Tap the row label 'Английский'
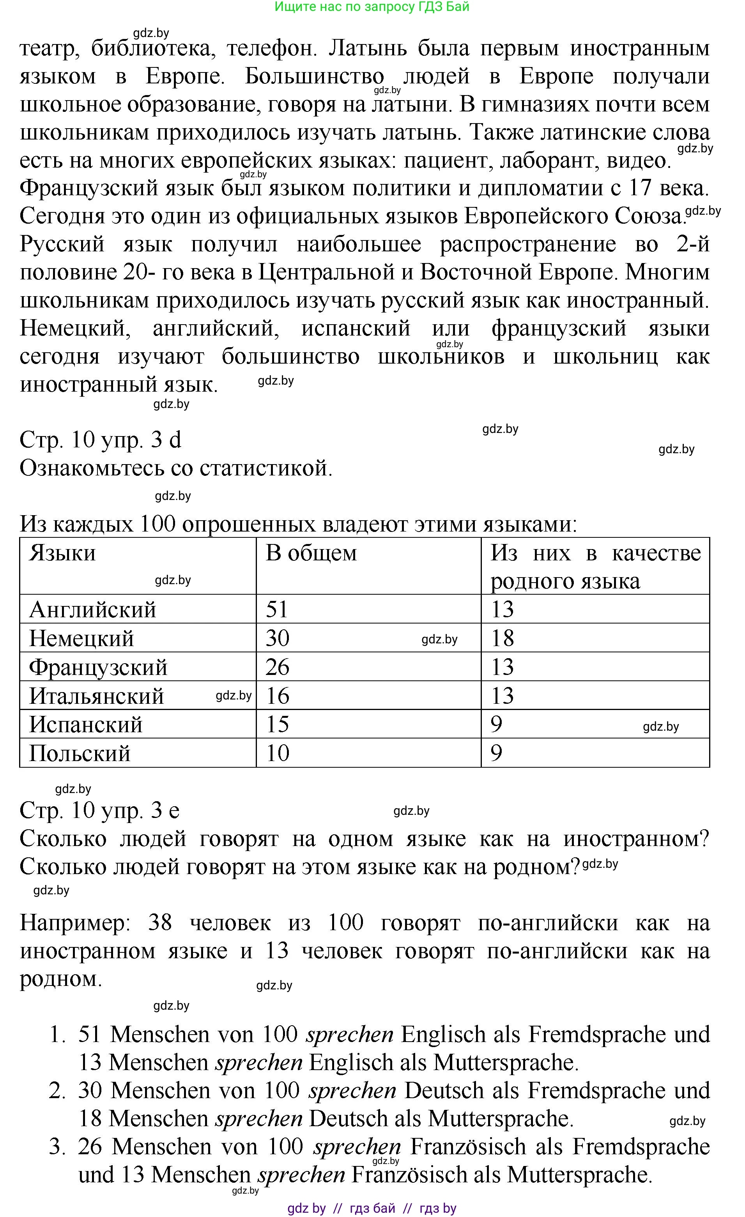tap(92, 609)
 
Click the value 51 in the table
tap(277, 609)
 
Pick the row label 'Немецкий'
tap(81, 638)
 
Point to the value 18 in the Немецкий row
tap(502, 638)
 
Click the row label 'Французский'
tap(98, 667)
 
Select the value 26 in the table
tap(277, 667)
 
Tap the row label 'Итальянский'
tap(96, 696)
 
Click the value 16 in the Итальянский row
tap(277, 696)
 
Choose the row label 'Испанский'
tap(85, 724)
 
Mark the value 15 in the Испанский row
tap(277, 724)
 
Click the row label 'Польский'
tap(80, 753)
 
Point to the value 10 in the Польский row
tap(277, 753)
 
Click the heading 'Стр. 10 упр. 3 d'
tap(100, 440)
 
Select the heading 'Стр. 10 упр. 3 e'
tap(99, 810)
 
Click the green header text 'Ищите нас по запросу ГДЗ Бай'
tap(372, 7)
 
